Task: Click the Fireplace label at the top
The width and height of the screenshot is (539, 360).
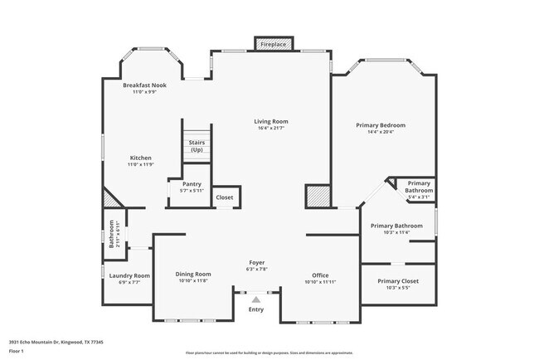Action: point(272,43)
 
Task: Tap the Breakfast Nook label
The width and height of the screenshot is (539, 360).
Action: point(145,85)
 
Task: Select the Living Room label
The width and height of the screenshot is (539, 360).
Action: point(272,121)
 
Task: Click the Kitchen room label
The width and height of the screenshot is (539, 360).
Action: point(140,158)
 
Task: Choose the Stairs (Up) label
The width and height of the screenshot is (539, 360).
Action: point(197,146)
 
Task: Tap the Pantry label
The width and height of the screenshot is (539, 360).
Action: point(192,184)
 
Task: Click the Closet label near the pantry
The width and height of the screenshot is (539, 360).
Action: point(225,197)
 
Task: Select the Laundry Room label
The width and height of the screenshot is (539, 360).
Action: point(129,275)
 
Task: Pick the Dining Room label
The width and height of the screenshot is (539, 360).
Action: point(193,274)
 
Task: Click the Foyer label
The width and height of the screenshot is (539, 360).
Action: point(258,262)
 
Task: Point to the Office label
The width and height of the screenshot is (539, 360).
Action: point(320,275)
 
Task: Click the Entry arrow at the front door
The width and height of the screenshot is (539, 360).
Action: point(256,299)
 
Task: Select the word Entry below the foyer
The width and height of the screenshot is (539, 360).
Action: point(256,310)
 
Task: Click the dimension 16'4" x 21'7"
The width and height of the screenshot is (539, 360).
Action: point(272,129)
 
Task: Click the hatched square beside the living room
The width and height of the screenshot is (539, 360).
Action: point(316,197)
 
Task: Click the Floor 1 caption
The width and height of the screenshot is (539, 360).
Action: point(17,351)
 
